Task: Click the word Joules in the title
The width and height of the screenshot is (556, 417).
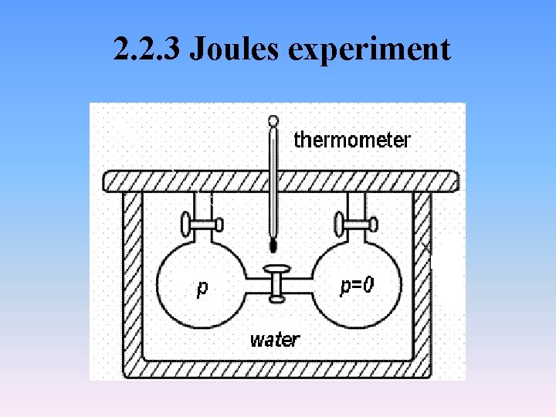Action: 235,49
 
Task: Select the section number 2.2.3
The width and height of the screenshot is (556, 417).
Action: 147,49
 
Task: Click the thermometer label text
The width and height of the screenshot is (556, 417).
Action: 352,140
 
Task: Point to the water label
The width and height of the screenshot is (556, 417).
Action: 275,339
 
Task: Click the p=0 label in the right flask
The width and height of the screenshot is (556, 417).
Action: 358,286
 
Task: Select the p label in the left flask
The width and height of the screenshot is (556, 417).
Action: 202,288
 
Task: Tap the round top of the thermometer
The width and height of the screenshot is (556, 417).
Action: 272,120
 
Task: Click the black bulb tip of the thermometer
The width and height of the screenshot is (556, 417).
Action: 273,246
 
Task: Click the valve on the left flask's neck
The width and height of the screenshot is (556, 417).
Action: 202,225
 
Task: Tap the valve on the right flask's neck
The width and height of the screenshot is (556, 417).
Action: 356,225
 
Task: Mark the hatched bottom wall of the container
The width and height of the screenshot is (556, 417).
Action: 278,369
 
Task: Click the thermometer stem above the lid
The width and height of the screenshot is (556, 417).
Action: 272,151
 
